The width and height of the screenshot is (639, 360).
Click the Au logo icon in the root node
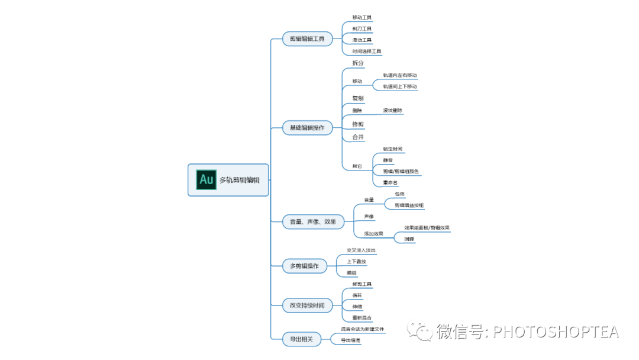pos(206,179)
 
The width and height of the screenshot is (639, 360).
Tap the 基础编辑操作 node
pos(306,128)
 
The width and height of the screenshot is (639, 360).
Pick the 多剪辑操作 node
pos(304,266)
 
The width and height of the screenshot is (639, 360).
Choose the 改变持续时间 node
pos(307,306)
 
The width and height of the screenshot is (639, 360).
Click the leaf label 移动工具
pos(362,18)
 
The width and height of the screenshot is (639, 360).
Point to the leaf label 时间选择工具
pos(367,52)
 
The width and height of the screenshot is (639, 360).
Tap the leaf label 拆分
pos(358,63)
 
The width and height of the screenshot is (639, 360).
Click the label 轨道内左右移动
pos(400,75)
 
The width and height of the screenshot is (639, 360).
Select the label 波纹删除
pos(393,110)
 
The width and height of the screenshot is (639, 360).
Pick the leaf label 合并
pos(358,137)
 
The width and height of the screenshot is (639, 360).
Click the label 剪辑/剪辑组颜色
pos(401,171)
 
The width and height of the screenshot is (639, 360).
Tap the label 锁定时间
pos(393,149)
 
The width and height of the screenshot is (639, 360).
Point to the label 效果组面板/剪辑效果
pos(427,227)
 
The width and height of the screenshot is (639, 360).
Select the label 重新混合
pos(362,318)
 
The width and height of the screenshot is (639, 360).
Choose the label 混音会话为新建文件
pos(362,329)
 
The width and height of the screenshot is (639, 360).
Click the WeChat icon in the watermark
pos(424,331)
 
